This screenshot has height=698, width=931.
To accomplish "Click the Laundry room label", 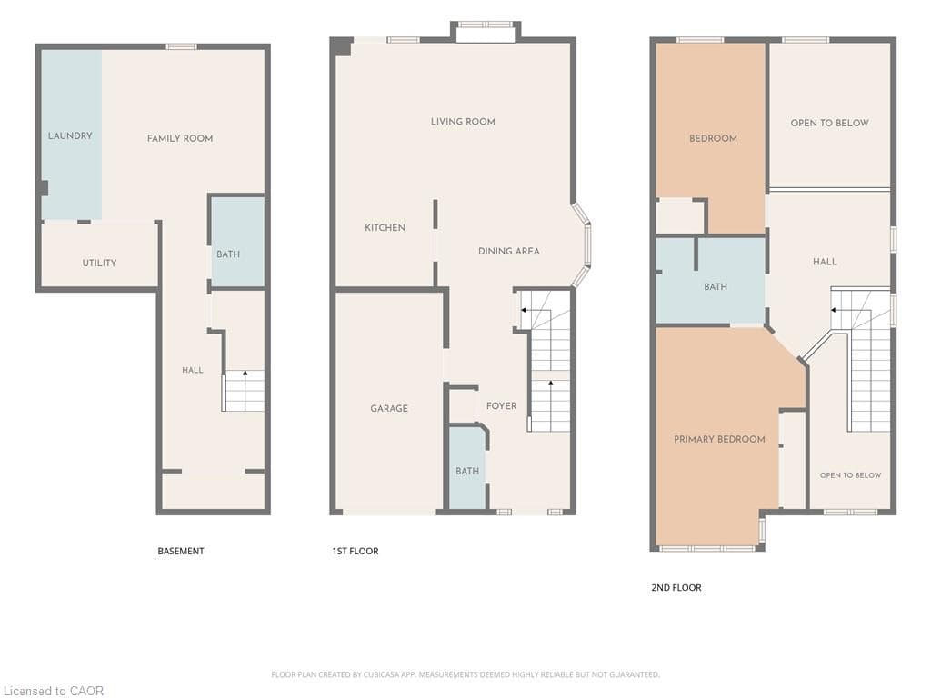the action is click(x=70, y=136).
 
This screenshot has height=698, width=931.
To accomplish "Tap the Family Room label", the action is click(x=180, y=138).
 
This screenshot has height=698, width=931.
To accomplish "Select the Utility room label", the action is click(x=99, y=263).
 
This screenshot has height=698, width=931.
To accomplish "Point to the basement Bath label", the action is click(x=228, y=254).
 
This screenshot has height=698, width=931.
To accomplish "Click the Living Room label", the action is click(x=463, y=122).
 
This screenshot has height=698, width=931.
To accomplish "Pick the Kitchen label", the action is click(x=385, y=227).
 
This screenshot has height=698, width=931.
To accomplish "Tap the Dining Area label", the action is click(x=509, y=251).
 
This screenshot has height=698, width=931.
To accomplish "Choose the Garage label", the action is click(x=389, y=408).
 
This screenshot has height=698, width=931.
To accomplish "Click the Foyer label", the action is click(x=501, y=406).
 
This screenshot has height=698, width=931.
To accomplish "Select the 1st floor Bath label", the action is click(x=467, y=471).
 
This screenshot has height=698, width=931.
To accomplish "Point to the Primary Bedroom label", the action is click(x=719, y=439).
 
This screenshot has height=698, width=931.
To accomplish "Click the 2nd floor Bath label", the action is click(x=716, y=286).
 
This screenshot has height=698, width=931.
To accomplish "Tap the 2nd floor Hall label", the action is click(x=825, y=261).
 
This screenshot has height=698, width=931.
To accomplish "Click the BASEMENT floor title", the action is click(x=181, y=552).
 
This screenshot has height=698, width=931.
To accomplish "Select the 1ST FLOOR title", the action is click(x=355, y=552).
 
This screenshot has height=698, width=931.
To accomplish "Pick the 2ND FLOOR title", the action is click(x=676, y=588).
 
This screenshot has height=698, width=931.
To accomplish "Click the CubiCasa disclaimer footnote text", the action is click(x=465, y=674).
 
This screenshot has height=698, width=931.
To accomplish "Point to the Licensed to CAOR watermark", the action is click(x=54, y=691).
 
